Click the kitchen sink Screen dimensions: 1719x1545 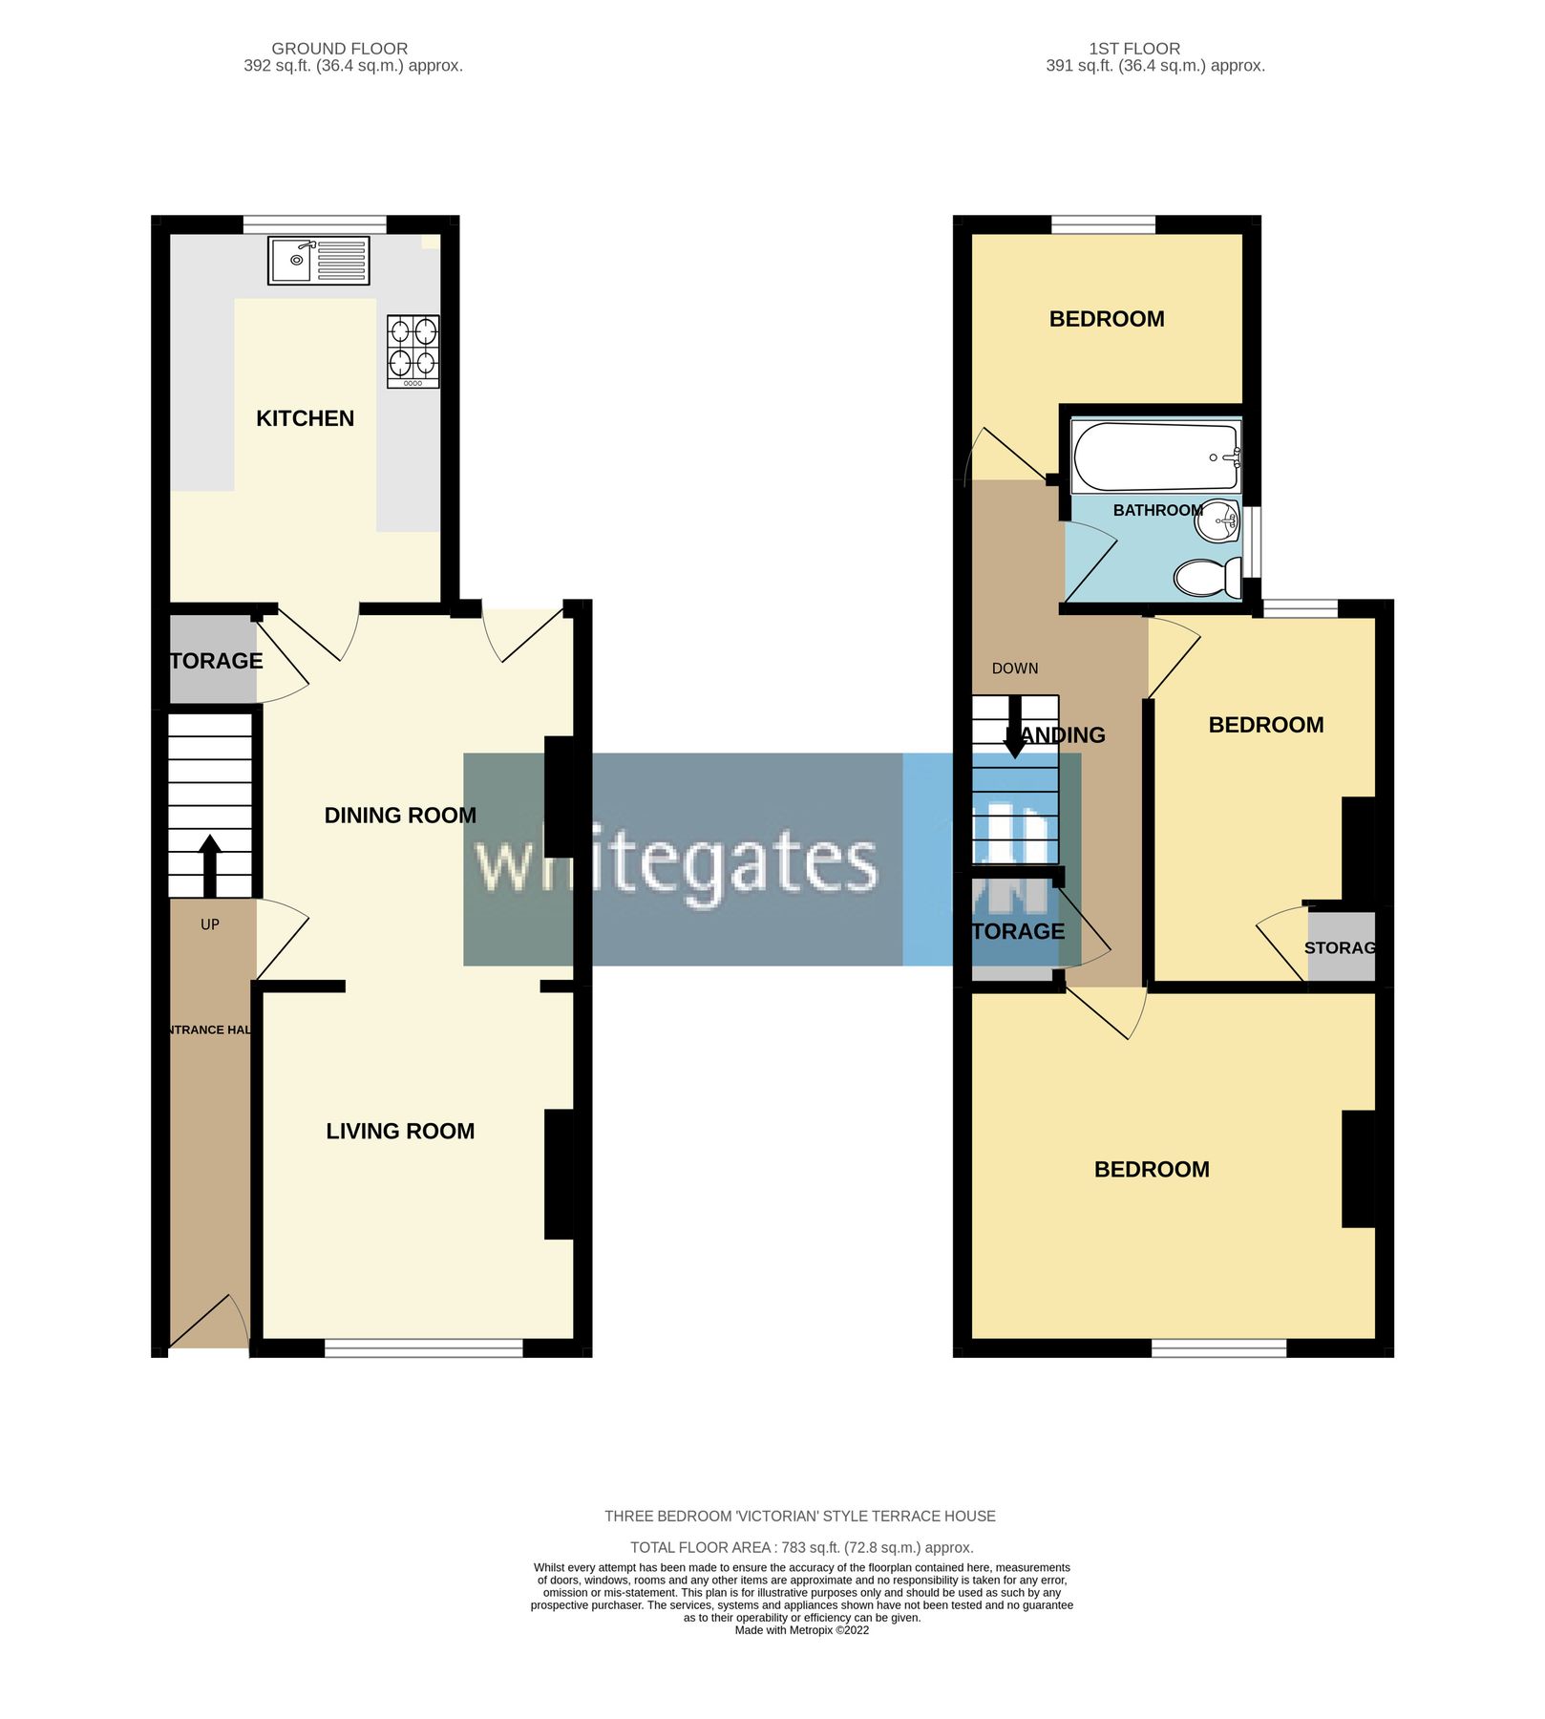click(x=318, y=260)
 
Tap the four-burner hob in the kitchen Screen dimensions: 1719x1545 click(x=413, y=350)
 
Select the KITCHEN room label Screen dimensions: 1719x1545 click(x=305, y=418)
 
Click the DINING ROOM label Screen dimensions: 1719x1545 click(x=400, y=816)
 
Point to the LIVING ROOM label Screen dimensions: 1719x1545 click(x=400, y=1131)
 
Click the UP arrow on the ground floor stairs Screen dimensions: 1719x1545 click(x=209, y=865)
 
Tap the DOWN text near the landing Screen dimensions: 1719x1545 click(x=1014, y=668)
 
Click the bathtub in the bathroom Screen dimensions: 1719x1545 click(x=1154, y=456)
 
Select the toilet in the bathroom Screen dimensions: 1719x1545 click(x=1207, y=577)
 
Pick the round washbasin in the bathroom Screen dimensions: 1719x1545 click(x=1217, y=520)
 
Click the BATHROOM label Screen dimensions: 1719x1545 click(x=1156, y=510)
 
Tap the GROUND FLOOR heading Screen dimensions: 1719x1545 click(x=339, y=49)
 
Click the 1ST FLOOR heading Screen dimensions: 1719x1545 click(x=1134, y=49)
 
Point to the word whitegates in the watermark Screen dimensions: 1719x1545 click(x=676, y=862)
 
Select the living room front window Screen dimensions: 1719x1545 click(x=423, y=1348)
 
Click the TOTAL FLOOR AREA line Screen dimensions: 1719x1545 click(x=801, y=1547)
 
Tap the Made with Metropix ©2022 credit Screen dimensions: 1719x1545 click(x=801, y=1630)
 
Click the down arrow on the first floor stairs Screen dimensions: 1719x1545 click(x=1014, y=728)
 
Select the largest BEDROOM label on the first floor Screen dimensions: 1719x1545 click(x=1151, y=1169)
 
